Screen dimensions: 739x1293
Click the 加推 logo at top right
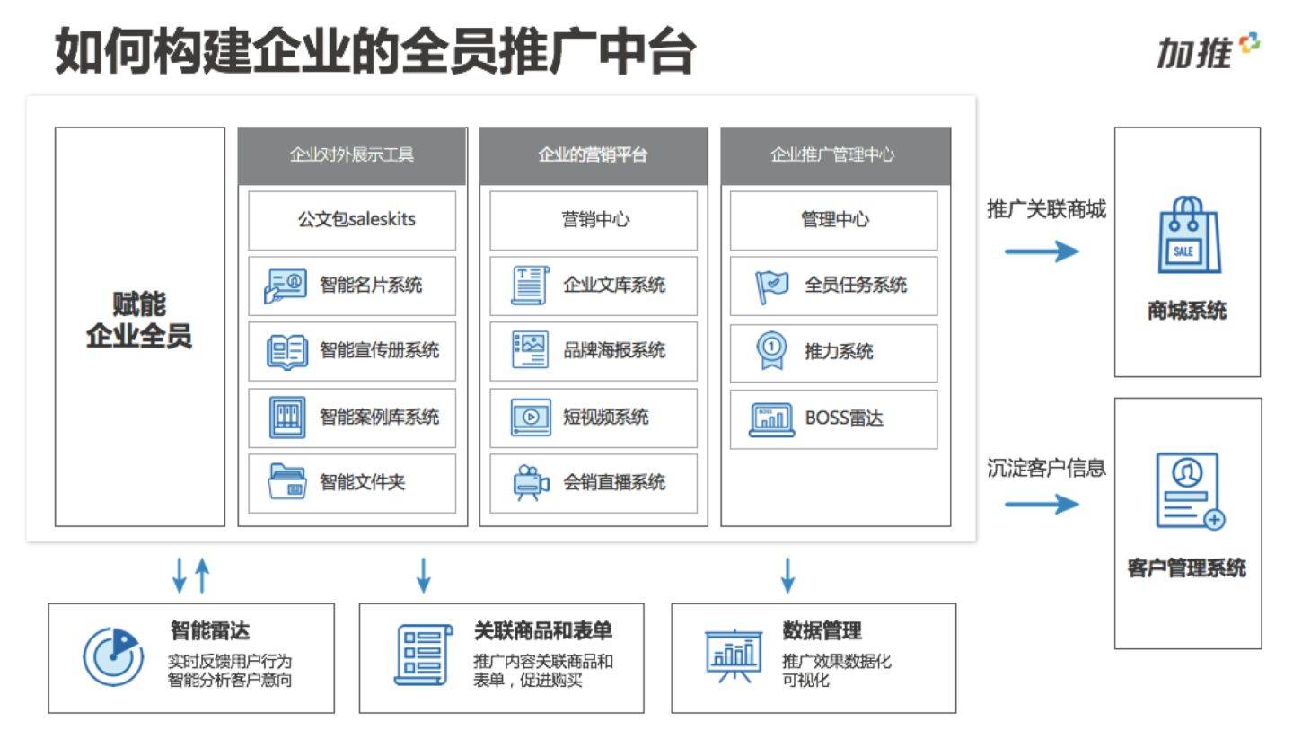1207,51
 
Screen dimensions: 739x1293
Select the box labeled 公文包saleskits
352,219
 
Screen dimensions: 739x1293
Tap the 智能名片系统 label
370,286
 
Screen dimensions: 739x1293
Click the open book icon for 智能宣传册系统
286,351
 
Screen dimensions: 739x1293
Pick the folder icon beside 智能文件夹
286,482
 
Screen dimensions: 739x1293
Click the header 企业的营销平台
593,154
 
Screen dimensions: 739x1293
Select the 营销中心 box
593,219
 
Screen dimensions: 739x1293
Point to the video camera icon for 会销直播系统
530,482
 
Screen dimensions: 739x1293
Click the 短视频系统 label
605,417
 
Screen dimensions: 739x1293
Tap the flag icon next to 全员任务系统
771,286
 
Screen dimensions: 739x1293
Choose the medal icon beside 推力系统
771,351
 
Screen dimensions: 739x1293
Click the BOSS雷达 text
843,418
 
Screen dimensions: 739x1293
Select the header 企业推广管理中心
834,154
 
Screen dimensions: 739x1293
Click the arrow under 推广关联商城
1041,251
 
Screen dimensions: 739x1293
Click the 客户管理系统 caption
1186,568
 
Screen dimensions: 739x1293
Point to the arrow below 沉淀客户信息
1041,504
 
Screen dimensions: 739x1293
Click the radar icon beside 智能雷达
112,655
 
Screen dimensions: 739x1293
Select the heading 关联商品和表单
542,630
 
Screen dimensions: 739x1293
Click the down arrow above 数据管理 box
787,575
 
